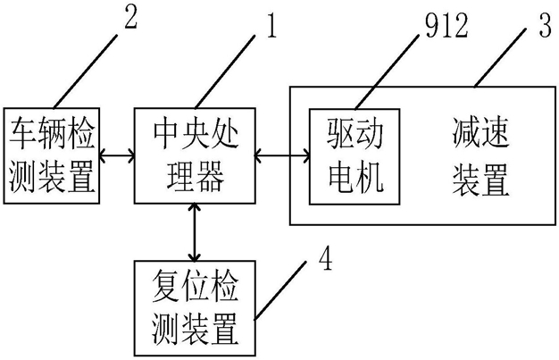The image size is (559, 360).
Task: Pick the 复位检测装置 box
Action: coord(194,306)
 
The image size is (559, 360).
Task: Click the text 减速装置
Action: coord(480,157)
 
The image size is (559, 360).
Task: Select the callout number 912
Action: coord(439,27)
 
